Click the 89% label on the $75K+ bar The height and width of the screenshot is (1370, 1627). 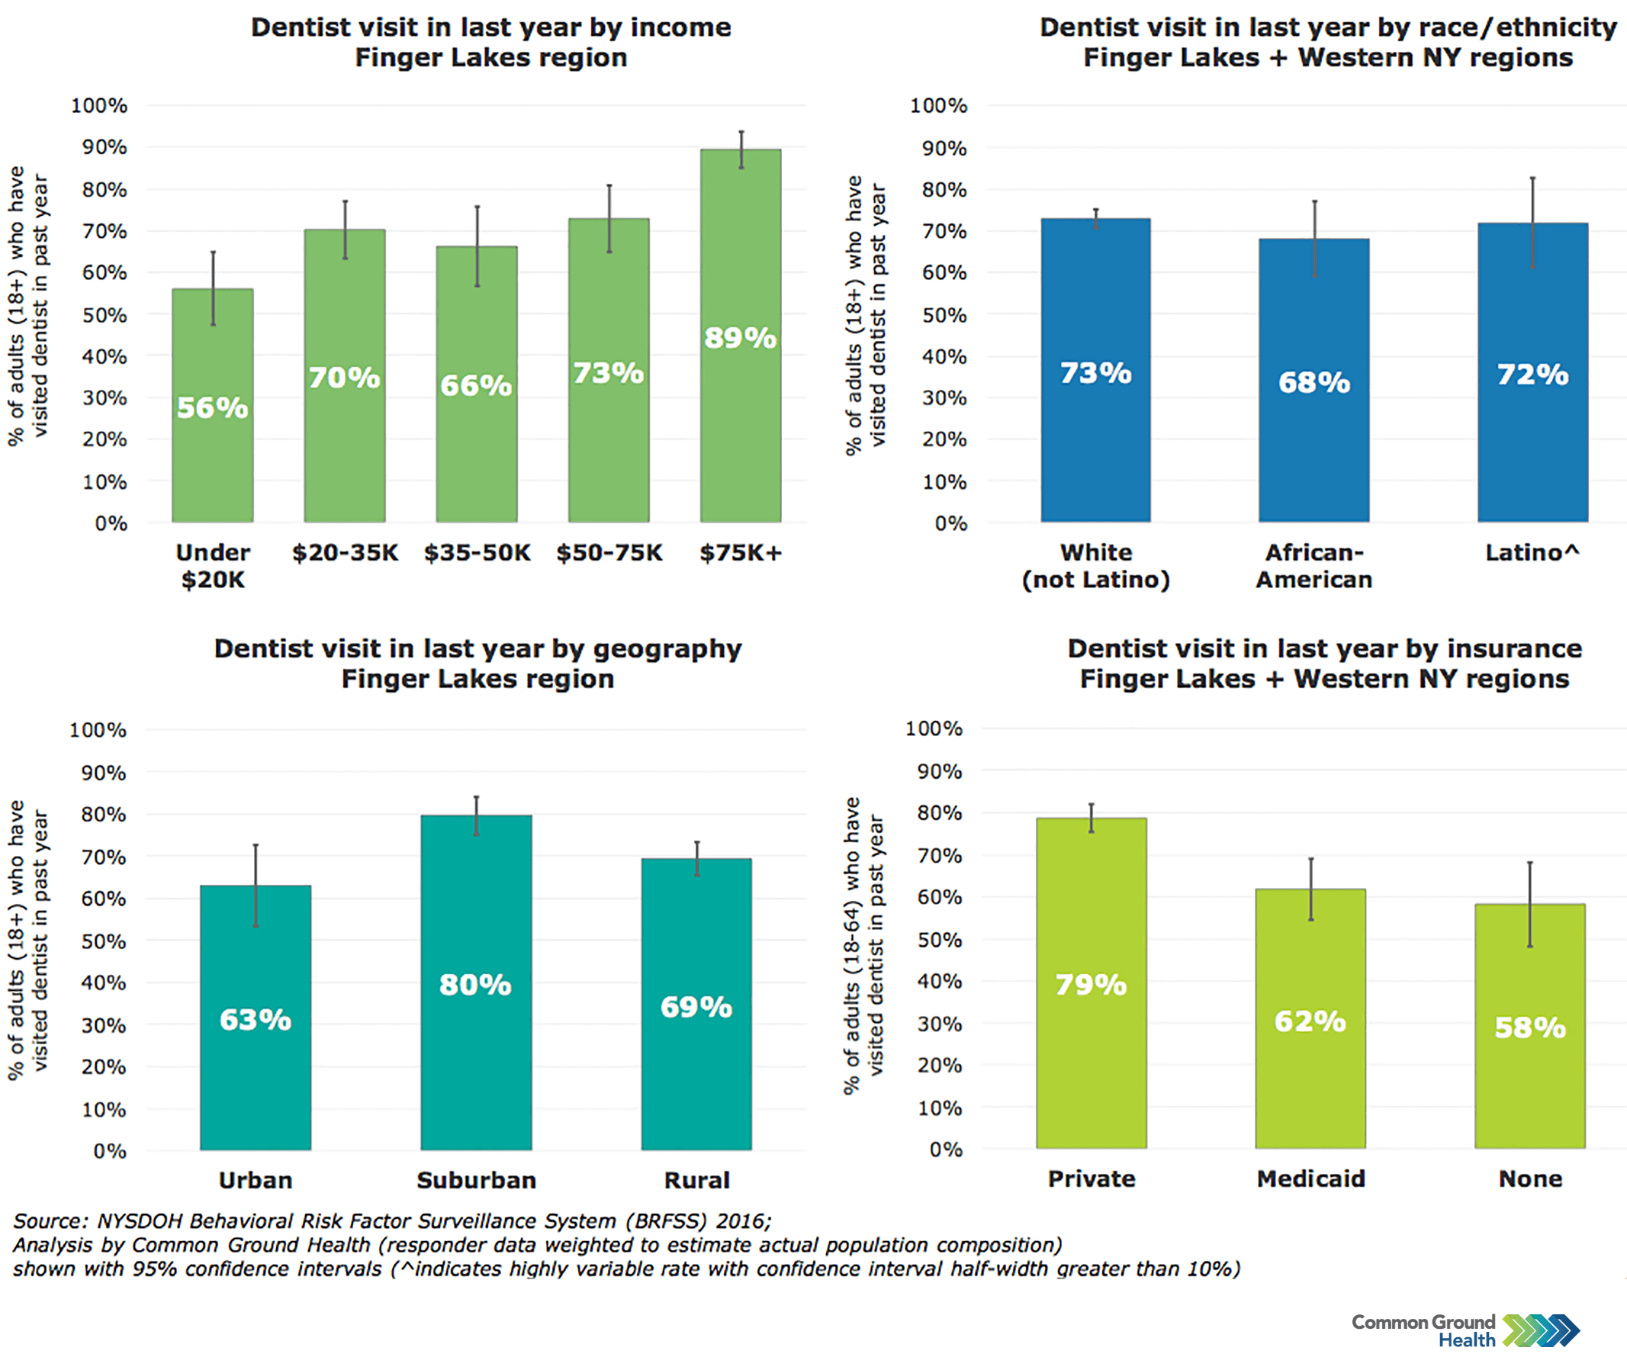(739, 338)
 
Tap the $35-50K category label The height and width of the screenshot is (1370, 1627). (477, 553)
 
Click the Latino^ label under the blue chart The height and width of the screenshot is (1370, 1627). (1532, 553)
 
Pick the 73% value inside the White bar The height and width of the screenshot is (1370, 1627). (1095, 374)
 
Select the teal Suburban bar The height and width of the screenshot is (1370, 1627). (476, 1072)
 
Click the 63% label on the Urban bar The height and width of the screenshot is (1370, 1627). (256, 1020)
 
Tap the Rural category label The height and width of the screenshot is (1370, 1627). (696, 1181)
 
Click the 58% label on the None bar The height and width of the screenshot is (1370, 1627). (1530, 1027)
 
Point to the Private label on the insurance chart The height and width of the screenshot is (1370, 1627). (1091, 1179)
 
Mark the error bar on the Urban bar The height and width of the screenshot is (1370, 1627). (256, 886)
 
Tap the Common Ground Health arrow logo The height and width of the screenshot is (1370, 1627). (1541, 1330)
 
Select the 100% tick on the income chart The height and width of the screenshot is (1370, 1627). (99, 105)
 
